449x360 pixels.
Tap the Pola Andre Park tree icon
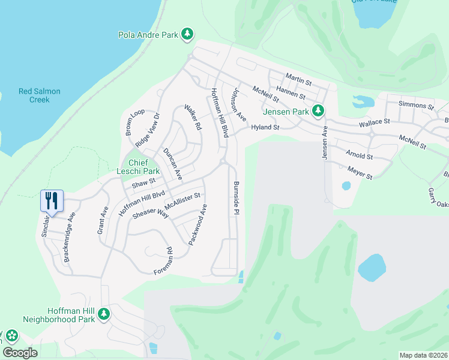(188, 35)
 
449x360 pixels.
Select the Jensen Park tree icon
(319, 111)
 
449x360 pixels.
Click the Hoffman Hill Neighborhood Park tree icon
(104, 313)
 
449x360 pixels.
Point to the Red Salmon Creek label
(40, 95)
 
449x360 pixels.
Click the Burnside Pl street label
(237, 198)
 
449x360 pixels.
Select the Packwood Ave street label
(197, 224)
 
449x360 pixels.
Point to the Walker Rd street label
(192, 118)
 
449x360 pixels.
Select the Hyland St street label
(265, 127)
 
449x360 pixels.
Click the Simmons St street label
(416, 106)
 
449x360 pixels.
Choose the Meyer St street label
(360, 173)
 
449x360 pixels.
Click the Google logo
(20, 353)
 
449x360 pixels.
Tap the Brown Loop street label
(134, 122)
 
